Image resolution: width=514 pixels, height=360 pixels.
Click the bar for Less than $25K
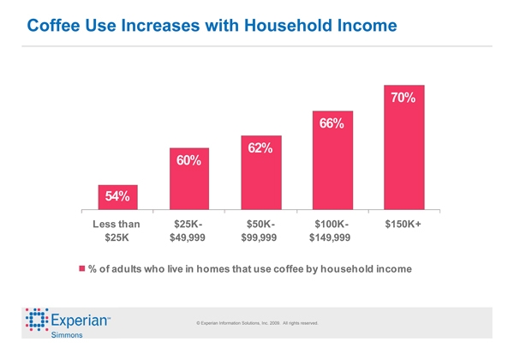pos(117,197)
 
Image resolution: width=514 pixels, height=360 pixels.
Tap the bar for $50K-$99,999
pos(260,172)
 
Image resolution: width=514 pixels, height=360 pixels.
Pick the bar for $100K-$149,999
pos(332,160)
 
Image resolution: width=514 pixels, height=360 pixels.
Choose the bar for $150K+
pos(403,147)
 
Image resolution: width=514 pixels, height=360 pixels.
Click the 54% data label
pos(117,196)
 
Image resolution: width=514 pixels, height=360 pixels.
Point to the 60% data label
pos(188,160)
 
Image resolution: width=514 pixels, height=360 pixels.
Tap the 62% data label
pos(260,148)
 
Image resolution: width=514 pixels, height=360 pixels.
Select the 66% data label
pos(332,123)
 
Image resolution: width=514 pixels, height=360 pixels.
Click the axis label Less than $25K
pos(116,231)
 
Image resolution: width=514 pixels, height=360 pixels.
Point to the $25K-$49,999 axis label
pos(188,231)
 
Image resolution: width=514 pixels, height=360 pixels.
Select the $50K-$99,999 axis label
pos(260,231)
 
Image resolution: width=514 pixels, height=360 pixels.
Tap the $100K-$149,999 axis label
pos(332,231)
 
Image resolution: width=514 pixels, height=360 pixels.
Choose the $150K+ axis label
pos(403,224)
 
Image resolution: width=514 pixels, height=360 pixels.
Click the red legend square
pos(83,269)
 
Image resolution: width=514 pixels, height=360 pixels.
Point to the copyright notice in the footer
pos(257,323)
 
